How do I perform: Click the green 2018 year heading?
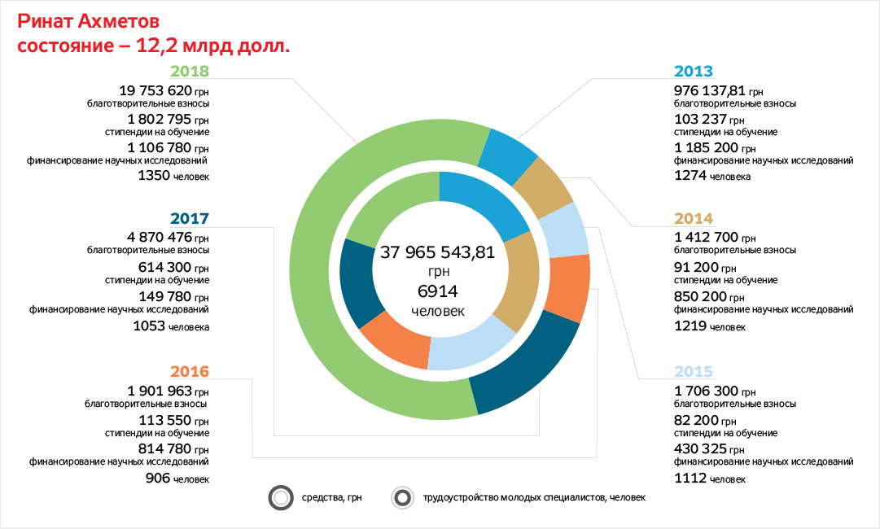point(190,72)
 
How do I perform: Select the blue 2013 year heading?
point(694,71)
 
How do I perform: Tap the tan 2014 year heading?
point(694,219)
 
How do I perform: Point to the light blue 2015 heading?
point(694,372)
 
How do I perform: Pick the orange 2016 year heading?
point(190,372)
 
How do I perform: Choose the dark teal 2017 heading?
point(190,219)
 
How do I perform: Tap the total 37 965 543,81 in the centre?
point(438,252)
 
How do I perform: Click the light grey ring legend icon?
point(280,498)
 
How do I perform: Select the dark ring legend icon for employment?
point(401,498)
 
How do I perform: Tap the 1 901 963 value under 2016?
point(160,390)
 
